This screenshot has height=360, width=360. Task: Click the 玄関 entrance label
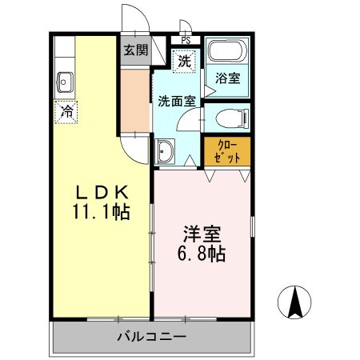tap(135, 50)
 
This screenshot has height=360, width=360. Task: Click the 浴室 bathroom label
tap(227, 78)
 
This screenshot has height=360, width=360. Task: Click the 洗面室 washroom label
tap(175, 102)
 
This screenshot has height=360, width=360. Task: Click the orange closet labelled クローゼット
tap(226, 150)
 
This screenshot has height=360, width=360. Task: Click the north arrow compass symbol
tap(294, 302)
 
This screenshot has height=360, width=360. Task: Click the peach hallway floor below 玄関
tap(135, 100)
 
